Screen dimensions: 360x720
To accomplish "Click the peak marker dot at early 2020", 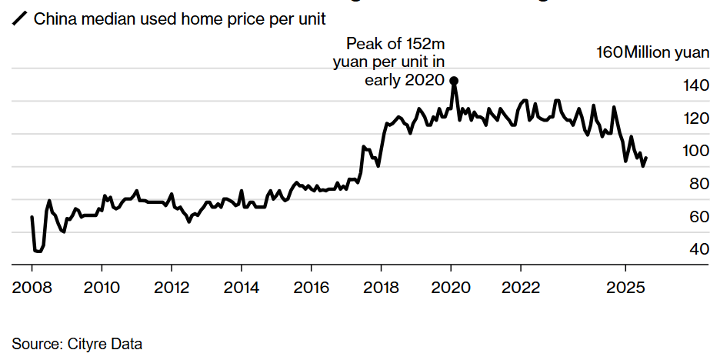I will [x=454, y=81].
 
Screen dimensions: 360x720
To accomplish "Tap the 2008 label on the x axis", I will [x=32, y=288].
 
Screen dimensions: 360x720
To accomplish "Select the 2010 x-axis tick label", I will [x=102, y=288].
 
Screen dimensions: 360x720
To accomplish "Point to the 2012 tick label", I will [x=172, y=288].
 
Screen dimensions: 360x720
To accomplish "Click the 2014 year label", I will [x=242, y=288].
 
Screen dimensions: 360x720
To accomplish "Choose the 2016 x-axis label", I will [x=312, y=288].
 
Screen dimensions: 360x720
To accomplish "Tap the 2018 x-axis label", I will [x=381, y=288].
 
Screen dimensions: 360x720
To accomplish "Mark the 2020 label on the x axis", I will [x=451, y=288].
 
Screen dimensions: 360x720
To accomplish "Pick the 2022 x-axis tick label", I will [x=521, y=288].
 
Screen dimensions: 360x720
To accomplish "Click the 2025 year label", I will [x=625, y=288].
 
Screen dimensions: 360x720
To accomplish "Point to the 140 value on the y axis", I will [x=696, y=85].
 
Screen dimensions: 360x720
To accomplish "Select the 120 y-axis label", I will [x=696, y=118].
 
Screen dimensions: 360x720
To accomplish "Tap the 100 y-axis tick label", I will [x=696, y=152].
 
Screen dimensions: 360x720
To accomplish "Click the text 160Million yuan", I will [x=652, y=52].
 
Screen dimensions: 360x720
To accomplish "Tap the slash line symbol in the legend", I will [x=19, y=18].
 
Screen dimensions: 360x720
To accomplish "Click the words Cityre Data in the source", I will [x=101, y=344].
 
